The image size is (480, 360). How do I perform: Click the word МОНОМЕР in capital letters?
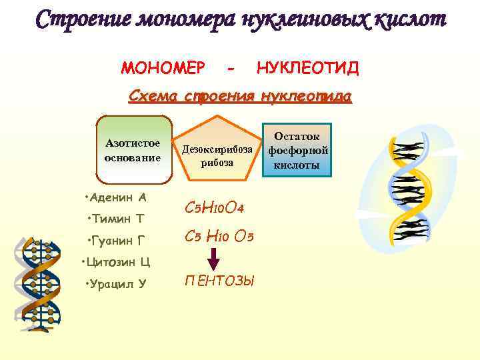(x=163, y=68)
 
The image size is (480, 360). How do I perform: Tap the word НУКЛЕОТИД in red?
(x=303, y=68)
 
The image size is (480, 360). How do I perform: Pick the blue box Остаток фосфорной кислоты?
(x=299, y=150)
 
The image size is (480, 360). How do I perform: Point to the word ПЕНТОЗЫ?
(x=219, y=281)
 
